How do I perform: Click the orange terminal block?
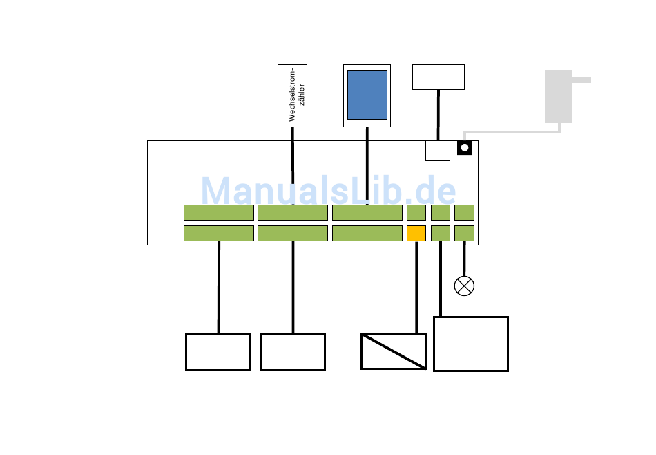[x=416, y=233]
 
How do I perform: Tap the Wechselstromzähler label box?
[x=292, y=95]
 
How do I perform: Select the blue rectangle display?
[x=367, y=95]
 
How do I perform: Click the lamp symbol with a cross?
[x=464, y=286]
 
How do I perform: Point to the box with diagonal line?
[x=394, y=351]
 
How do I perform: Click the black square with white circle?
[x=465, y=147]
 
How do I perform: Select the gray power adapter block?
[x=559, y=96]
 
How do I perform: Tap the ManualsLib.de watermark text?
[x=328, y=192]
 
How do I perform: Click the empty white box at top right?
[x=438, y=77]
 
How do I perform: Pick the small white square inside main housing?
[x=438, y=151]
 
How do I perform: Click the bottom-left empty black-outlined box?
[x=218, y=351]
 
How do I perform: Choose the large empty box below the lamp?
[x=471, y=344]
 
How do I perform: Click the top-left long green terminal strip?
[x=219, y=212]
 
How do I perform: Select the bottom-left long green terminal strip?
[x=219, y=233]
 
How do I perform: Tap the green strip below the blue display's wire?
[x=367, y=212]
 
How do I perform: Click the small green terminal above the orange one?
[x=416, y=212]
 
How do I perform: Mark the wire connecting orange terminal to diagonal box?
[x=416, y=287]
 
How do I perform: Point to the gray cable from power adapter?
[x=511, y=131]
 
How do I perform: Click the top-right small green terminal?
[x=464, y=212]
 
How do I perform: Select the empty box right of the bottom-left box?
[x=293, y=351]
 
